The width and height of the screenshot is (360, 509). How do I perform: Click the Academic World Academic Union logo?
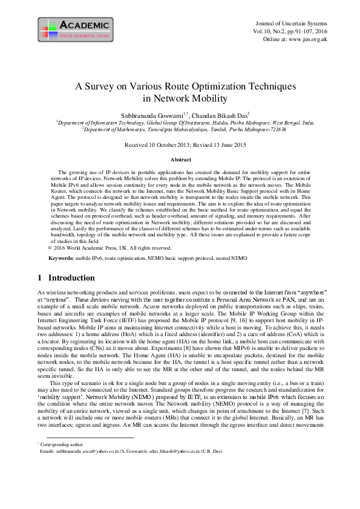74,28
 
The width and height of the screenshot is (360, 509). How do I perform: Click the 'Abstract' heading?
181,160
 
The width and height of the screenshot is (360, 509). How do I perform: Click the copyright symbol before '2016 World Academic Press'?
49,248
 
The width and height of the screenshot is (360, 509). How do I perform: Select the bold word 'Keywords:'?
61,258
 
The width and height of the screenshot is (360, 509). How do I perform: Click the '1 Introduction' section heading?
66,278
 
